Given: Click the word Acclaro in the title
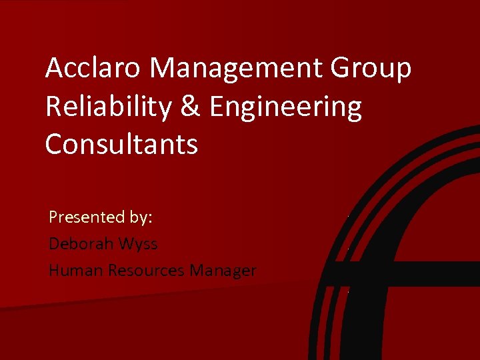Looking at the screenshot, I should pyautogui.click(x=93, y=68).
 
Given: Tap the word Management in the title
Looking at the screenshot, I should pyautogui.click(x=237, y=69).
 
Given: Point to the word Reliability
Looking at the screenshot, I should pyautogui.click(x=107, y=107).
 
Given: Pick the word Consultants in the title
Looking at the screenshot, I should pyautogui.click(x=121, y=144).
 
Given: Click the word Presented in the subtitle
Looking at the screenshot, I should pyautogui.click(x=87, y=217).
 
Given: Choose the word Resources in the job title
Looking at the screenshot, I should pyautogui.click(x=147, y=270).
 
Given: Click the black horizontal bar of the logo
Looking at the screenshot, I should pyautogui.click(x=407, y=273).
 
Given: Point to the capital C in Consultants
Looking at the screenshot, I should pyautogui.click(x=54, y=144).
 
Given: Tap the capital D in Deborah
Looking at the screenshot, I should pyautogui.click(x=55, y=243).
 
